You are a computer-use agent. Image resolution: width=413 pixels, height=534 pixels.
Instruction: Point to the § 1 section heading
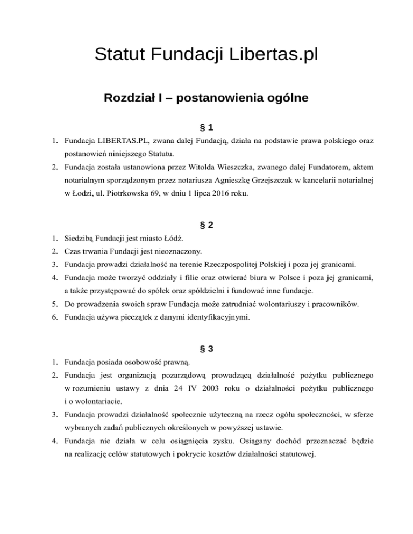[x=206, y=127]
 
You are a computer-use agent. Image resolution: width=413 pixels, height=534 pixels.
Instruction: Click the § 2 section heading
[x=206, y=226]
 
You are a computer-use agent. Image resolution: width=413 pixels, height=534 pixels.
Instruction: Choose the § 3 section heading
[x=206, y=349]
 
